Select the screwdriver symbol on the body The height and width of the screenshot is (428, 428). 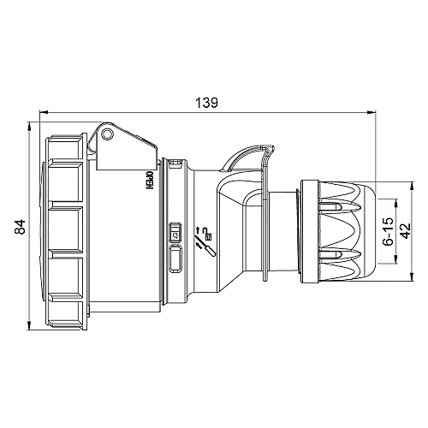pyautogui.click(x=206, y=247)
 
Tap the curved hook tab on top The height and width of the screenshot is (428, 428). pyautogui.click(x=249, y=156)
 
